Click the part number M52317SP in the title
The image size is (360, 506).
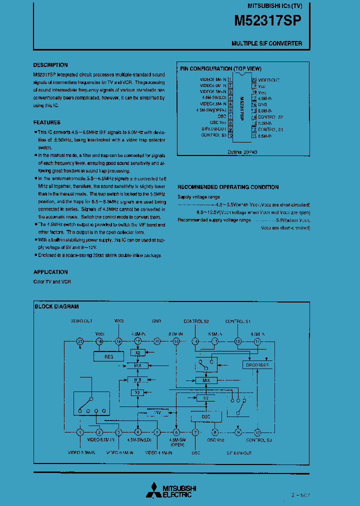pos(268,21)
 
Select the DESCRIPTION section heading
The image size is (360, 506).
pos(50,65)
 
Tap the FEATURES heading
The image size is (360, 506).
pos(47,122)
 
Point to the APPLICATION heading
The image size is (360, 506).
pos(50,272)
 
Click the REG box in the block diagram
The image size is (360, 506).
pos(108,356)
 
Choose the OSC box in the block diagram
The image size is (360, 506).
pos(205,416)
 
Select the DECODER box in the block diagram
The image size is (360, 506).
pos(257,365)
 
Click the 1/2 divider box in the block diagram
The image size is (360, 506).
pos(202,397)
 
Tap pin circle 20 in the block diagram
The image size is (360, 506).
pos(79,341)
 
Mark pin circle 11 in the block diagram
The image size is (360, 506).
pos(257,341)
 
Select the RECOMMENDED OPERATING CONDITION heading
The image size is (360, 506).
pos(228,187)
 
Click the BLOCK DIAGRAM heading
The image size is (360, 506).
pos(56,306)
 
